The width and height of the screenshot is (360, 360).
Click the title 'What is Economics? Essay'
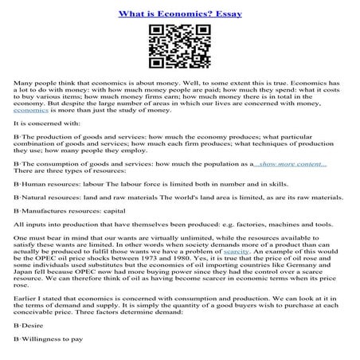click(x=180, y=14)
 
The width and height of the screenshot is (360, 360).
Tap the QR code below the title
click(x=179, y=49)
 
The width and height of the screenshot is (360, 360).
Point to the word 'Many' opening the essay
click(x=25, y=83)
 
